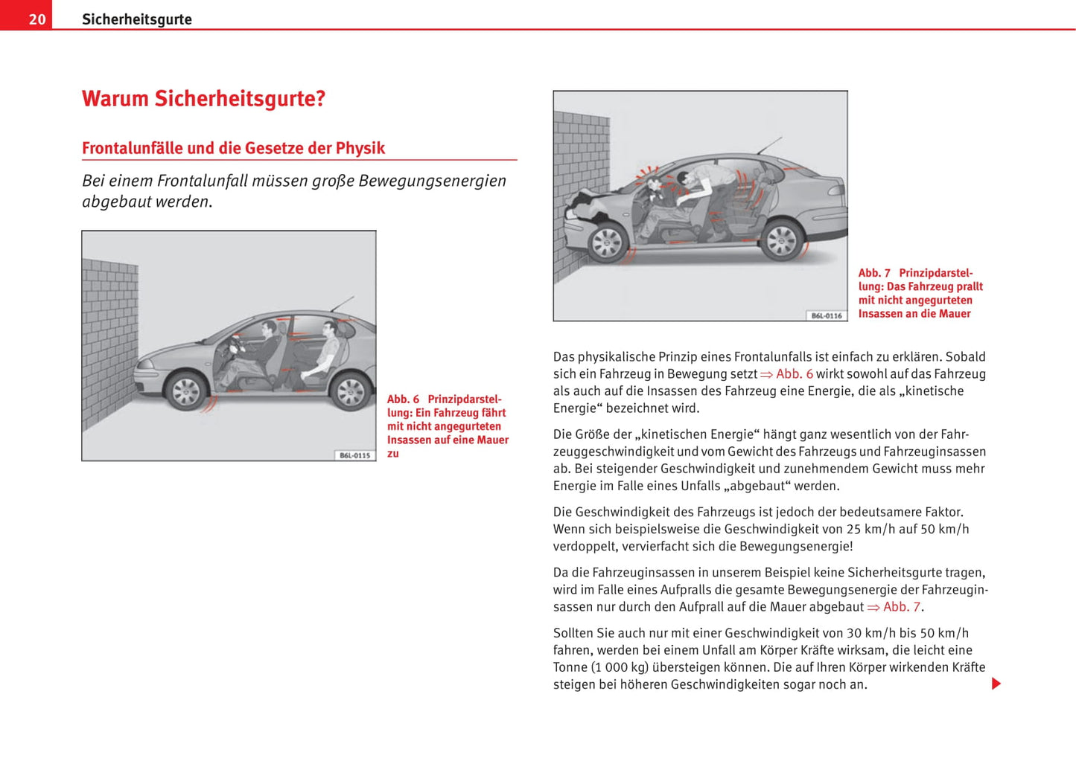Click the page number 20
click(37, 19)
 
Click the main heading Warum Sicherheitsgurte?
click(203, 99)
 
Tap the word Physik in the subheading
click(360, 148)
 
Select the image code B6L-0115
click(354, 455)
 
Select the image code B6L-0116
click(827, 315)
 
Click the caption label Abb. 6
click(403, 399)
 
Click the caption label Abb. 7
click(874, 273)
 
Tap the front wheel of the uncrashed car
click(185, 391)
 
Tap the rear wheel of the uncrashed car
click(350, 391)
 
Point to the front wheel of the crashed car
click(606, 242)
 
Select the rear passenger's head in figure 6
click(330, 329)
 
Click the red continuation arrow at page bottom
click(996, 684)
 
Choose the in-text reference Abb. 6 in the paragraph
click(794, 374)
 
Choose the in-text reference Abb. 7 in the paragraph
click(901, 607)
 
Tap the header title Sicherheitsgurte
click(137, 19)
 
